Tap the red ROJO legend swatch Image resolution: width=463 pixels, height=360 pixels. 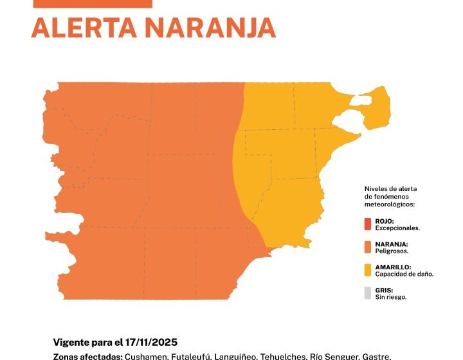tap(368, 224)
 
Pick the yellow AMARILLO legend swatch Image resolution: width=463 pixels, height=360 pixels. tap(368, 270)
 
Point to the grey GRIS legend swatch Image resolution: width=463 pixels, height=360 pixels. tap(368, 293)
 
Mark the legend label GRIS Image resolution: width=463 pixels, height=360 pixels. tap(384, 290)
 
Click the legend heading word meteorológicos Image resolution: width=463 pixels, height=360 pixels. tap(390, 204)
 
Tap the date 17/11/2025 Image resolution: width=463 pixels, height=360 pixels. tap(156, 341)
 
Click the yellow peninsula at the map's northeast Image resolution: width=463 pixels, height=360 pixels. tap(377, 106)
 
